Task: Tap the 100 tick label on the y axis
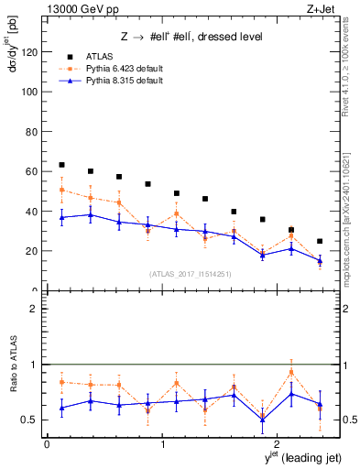(30, 92)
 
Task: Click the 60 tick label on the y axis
(33, 171)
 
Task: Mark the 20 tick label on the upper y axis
(33, 251)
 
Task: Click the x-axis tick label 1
(163, 444)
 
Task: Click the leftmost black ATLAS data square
(61, 165)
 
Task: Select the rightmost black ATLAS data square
(319, 241)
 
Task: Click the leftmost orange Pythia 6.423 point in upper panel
(61, 190)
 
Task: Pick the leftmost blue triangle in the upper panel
(61, 217)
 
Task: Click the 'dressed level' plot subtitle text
(229, 37)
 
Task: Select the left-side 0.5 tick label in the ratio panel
(31, 420)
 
